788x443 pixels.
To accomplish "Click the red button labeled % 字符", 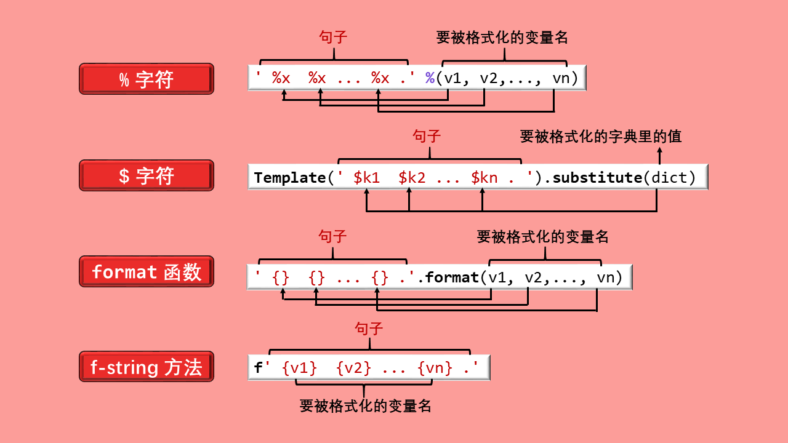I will coord(147,79).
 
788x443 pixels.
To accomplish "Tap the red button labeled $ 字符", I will coord(147,175).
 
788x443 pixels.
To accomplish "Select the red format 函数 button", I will coord(147,271).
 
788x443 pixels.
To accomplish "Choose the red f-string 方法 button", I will coord(147,367).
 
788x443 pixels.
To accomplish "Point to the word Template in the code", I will coord(289,178).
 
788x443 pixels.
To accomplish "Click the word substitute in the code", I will coord(597,178).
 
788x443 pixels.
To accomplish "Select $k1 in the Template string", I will coord(367,178).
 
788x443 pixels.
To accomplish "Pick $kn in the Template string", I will coord(484,178).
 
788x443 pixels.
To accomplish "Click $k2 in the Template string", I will coord(412,178).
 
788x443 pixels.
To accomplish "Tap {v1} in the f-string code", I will coord(299,368).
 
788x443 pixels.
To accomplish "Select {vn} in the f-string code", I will coord(435,368).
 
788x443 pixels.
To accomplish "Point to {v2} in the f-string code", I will coord(354,368).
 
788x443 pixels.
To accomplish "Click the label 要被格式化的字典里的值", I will coord(601,136).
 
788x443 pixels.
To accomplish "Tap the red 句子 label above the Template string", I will coord(427,136).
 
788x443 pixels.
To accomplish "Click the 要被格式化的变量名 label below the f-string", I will coord(365,406).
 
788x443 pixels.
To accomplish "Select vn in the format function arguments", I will coord(606,277).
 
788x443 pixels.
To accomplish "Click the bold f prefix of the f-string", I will coord(258,368).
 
